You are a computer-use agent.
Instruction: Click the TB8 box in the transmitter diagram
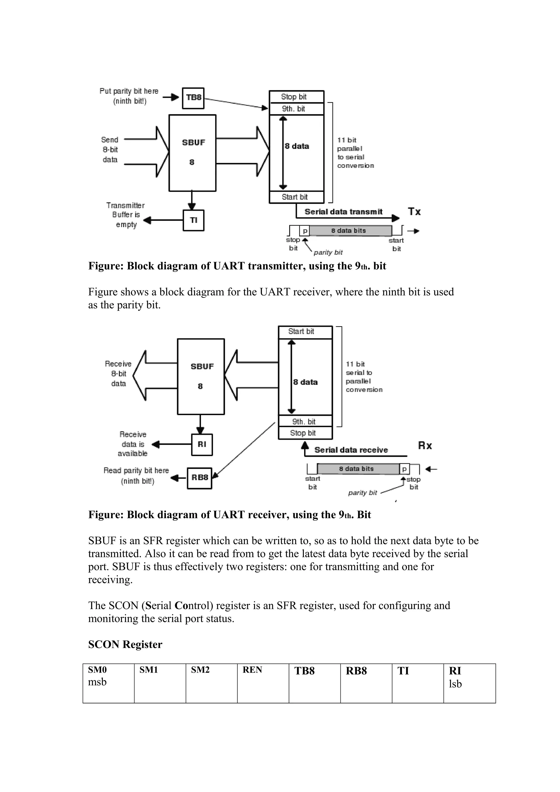point(193,98)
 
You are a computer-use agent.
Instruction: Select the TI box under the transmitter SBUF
point(193,220)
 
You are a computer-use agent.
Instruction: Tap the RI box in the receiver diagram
point(202,444)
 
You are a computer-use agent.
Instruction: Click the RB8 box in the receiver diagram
point(199,478)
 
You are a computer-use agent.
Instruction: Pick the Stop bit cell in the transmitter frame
point(296,96)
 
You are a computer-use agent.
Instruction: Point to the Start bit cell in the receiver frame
point(305,332)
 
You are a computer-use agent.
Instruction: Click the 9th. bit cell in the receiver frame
point(305,421)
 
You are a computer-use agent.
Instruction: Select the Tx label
point(414,212)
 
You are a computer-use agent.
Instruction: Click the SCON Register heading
point(125,644)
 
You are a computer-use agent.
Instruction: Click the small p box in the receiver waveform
point(404,469)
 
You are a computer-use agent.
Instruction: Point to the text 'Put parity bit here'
point(129,91)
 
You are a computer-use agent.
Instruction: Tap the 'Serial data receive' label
point(351,450)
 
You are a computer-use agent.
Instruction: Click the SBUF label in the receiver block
point(202,366)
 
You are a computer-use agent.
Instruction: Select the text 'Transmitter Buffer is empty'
point(126,215)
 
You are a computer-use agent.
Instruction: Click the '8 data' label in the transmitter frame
point(297,146)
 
